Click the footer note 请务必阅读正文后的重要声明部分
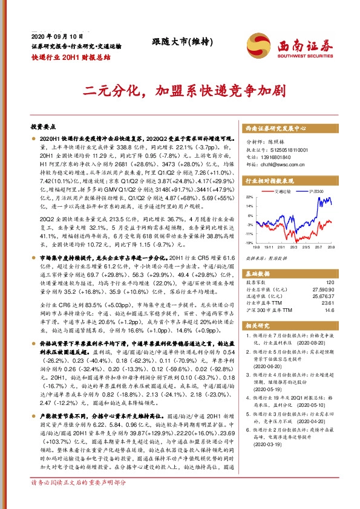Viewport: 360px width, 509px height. pos(79,499)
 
